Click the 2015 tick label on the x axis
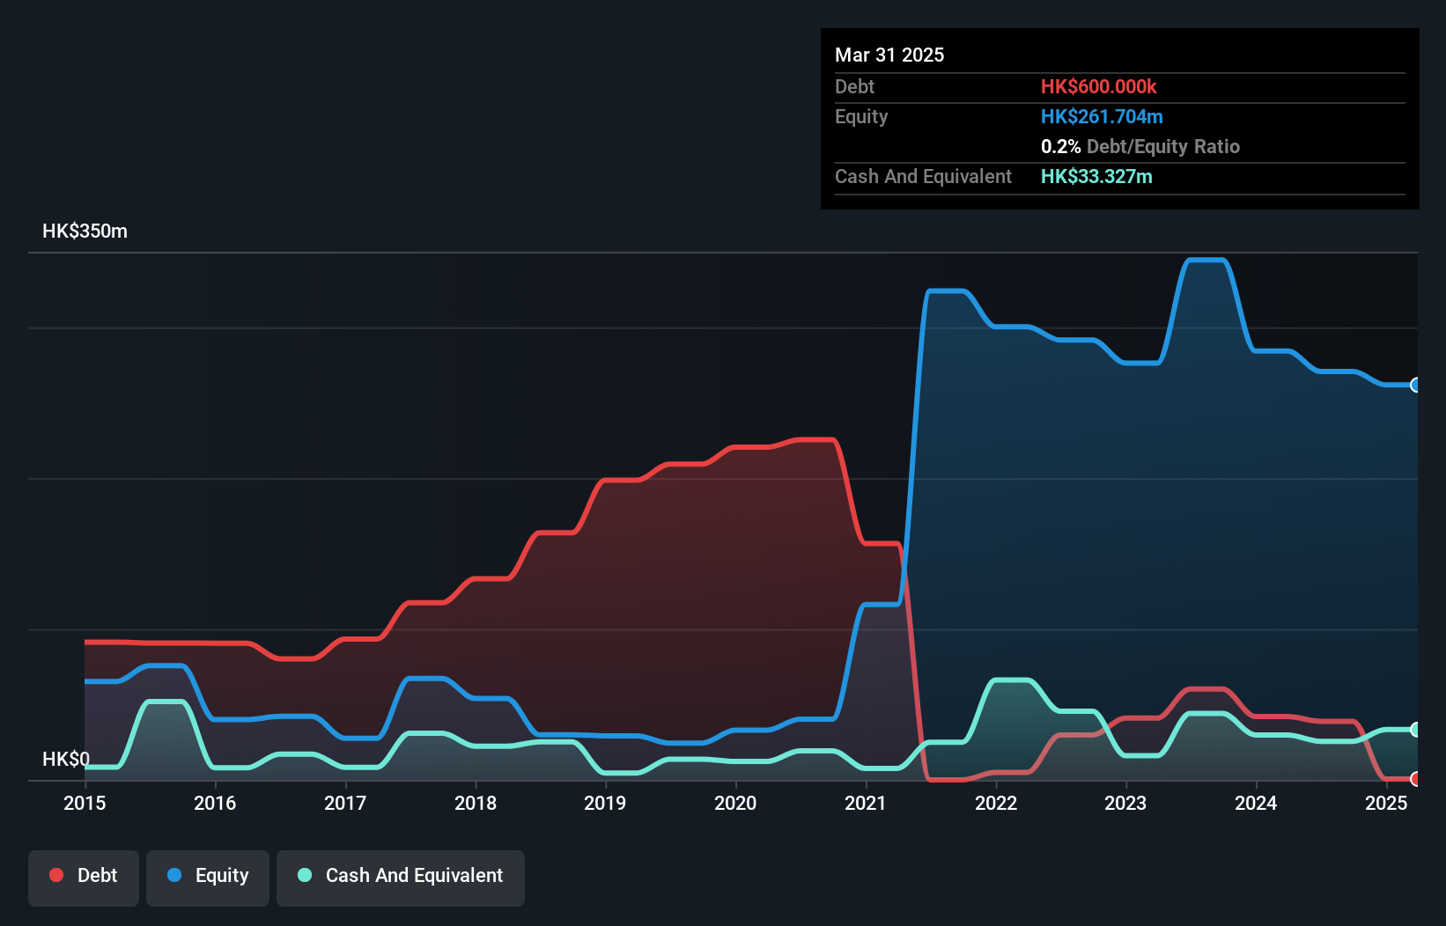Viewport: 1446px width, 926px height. [85, 803]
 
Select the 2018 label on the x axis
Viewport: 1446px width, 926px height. [476, 803]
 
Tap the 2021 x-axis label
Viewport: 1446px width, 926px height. [866, 803]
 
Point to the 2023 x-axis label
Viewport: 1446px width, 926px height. [1125, 803]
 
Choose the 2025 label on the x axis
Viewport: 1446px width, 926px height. [1386, 803]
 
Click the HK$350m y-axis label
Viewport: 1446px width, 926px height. [85, 231]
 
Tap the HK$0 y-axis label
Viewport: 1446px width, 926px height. [66, 759]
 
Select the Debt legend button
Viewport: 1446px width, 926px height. [84, 876]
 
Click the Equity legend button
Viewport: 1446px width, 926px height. [208, 876]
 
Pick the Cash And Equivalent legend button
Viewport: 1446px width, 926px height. [401, 876]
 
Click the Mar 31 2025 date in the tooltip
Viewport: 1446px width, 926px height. [889, 55]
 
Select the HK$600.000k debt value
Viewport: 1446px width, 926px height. [1098, 87]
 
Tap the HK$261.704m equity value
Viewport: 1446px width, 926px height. [1102, 117]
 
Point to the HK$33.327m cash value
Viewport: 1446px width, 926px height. [1096, 177]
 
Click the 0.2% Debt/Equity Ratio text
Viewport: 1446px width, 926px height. [1140, 147]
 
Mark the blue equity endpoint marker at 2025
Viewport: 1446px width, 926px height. [1415, 385]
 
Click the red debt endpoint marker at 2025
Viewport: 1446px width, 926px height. [1415, 779]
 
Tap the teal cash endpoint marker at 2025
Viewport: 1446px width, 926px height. [1415, 730]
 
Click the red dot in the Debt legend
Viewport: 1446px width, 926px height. [56, 875]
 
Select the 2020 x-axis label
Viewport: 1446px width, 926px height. [735, 803]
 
